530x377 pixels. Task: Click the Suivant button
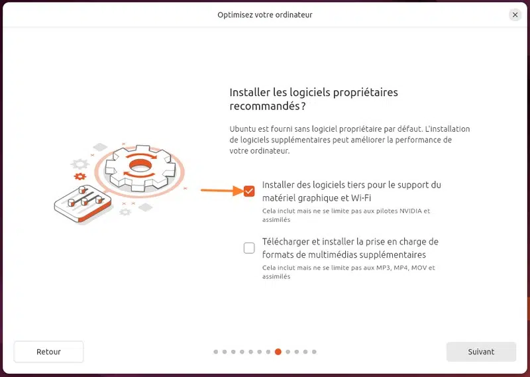[x=481, y=352]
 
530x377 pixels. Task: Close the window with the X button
[x=515, y=15]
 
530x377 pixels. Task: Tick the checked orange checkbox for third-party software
[x=249, y=191]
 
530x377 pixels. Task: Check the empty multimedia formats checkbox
[x=249, y=248]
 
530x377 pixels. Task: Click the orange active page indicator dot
[x=278, y=352]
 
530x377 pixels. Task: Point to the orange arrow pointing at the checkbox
[x=222, y=191]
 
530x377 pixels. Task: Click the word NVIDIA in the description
[x=411, y=211]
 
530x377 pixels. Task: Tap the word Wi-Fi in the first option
[x=361, y=198]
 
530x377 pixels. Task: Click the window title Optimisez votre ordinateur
[x=265, y=15]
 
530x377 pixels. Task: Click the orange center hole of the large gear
[x=140, y=166]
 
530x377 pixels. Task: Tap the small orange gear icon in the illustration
[x=80, y=176]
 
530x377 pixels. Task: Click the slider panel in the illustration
[x=83, y=203]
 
